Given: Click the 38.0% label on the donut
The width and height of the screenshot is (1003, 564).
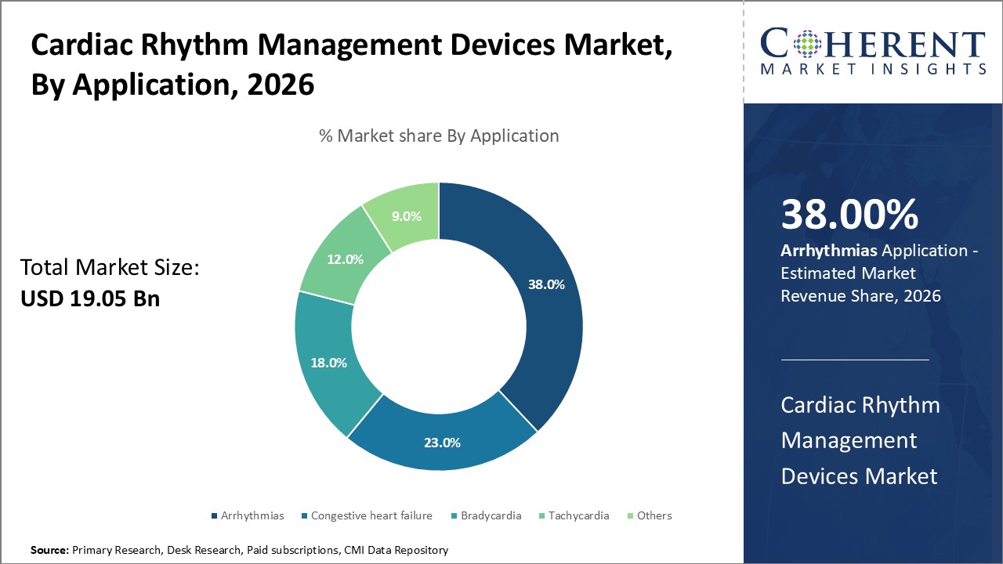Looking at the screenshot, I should (546, 284).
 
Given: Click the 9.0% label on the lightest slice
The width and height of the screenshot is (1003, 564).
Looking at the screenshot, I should (406, 216).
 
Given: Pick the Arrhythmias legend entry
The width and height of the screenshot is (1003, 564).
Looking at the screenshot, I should (252, 515).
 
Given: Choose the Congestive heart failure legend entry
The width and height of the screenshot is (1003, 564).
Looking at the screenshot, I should (371, 515).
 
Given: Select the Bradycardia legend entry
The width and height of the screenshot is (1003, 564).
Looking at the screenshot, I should (491, 515).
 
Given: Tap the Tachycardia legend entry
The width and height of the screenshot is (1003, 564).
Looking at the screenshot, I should (578, 515).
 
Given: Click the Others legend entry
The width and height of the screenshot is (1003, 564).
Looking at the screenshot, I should (654, 515).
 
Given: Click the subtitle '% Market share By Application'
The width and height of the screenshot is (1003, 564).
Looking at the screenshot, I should (439, 136).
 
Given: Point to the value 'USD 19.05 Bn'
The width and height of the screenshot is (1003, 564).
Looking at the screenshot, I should (90, 298).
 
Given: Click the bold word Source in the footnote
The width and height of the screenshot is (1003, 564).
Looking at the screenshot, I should (49, 551).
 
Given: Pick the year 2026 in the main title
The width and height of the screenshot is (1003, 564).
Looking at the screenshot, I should (281, 84).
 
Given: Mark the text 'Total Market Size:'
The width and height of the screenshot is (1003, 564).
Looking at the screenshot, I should (110, 268).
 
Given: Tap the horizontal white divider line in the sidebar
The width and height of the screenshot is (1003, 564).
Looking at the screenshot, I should (855, 360).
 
